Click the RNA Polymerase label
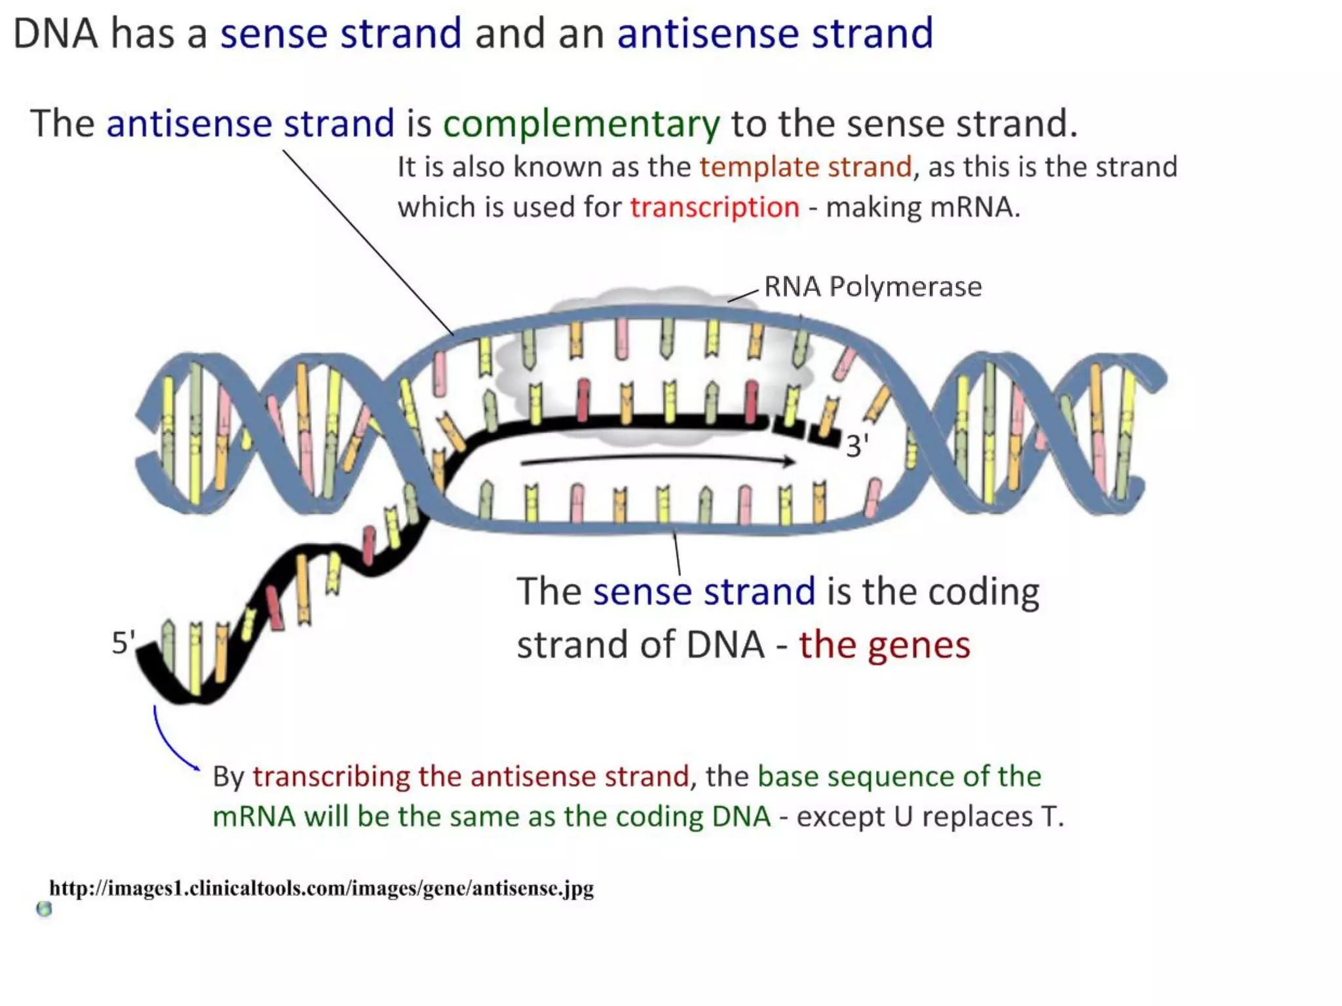(x=872, y=287)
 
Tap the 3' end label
(x=856, y=447)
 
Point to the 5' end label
(x=123, y=643)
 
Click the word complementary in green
(x=581, y=124)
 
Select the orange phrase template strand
(x=805, y=167)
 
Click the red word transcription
(x=714, y=208)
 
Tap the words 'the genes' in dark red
(x=883, y=645)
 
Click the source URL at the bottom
(x=321, y=888)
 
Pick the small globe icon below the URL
(x=44, y=909)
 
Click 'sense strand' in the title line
(x=340, y=33)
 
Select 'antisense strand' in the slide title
(x=775, y=33)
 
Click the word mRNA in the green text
(x=254, y=817)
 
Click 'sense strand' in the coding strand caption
(x=704, y=591)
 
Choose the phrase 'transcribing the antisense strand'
(x=470, y=777)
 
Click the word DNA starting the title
(x=55, y=33)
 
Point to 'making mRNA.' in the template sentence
(x=923, y=208)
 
